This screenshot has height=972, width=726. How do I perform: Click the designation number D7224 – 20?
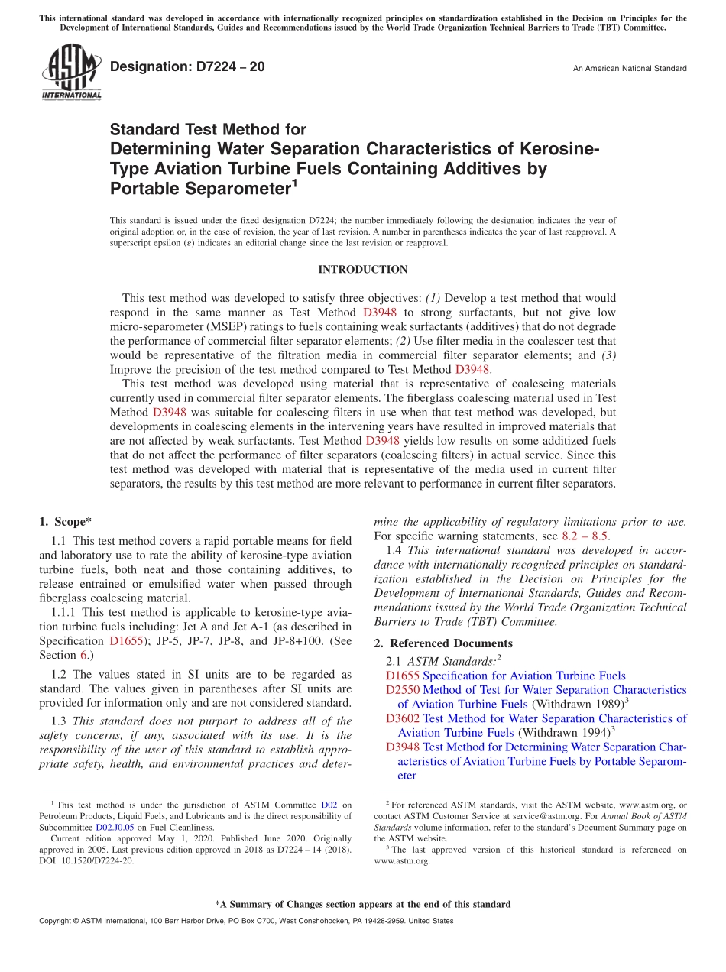point(187,66)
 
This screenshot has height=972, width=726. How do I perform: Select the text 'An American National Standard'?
point(630,69)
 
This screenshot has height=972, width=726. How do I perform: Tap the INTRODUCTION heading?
point(362,270)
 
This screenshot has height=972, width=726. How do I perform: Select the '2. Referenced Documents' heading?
point(443,643)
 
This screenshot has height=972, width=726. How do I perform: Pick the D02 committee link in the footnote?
point(329,805)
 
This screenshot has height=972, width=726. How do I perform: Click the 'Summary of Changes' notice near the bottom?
point(362,904)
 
